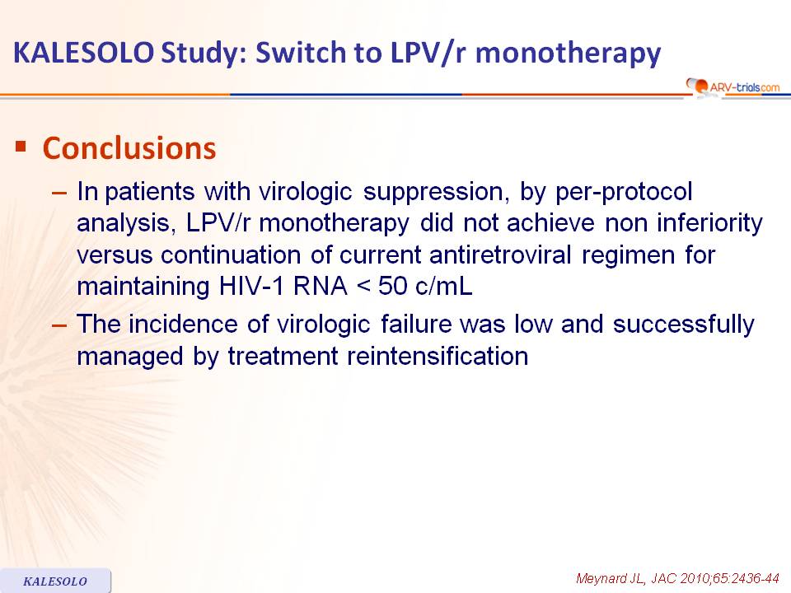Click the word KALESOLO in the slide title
pos(83,53)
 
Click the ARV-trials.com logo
pos(733,86)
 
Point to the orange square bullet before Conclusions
pos(21,147)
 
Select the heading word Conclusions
pos(129,148)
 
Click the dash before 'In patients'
pos(59,193)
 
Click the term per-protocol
pos(624,192)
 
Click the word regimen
pos(628,255)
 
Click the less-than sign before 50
pos(363,287)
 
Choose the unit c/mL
pos(444,286)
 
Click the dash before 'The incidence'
pos(59,325)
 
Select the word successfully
pos(684,325)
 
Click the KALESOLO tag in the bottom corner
pos(55,581)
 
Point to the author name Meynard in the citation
pos(601,578)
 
